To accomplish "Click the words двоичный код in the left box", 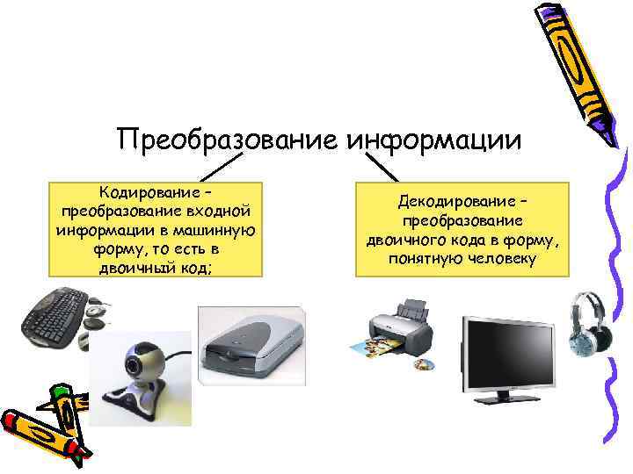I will click(x=155, y=269).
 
